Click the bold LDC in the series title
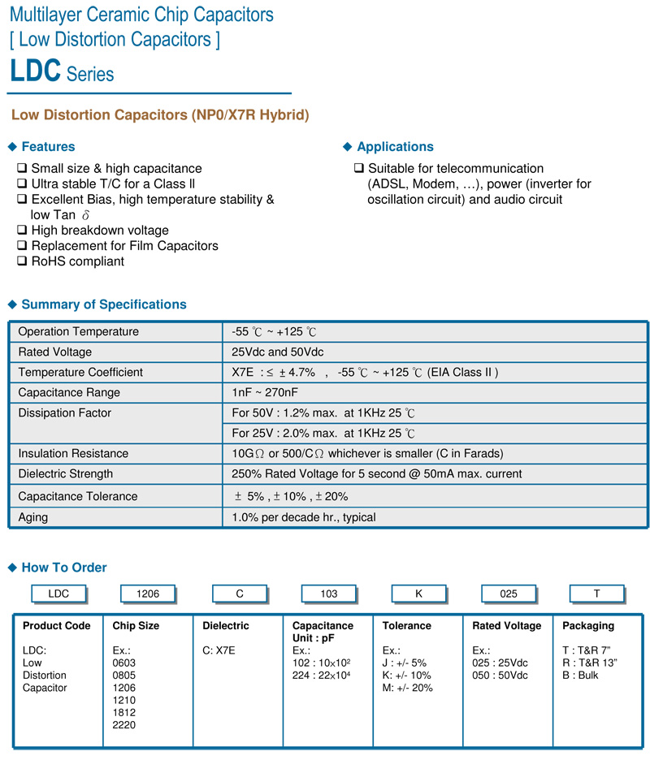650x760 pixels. (x=35, y=71)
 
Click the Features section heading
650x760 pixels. (x=48, y=147)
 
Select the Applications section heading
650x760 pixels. (x=395, y=147)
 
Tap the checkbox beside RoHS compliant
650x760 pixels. (x=22, y=261)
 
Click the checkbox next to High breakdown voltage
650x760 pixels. (x=22, y=231)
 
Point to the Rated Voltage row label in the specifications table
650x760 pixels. (x=54, y=352)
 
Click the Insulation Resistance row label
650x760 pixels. (x=73, y=454)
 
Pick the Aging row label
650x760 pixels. (x=33, y=517)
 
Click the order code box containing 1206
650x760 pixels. (x=149, y=594)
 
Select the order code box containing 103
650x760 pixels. (x=328, y=594)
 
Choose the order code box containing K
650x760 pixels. (x=418, y=594)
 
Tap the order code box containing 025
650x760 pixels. (x=509, y=594)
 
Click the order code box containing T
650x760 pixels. (x=596, y=594)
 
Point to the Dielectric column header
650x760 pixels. (x=226, y=626)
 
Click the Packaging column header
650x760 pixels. (x=588, y=626)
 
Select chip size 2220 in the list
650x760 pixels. (x=124, y=725)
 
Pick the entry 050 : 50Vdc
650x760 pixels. (x=500, y=676)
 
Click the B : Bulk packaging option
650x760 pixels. (x=580, y=676)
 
